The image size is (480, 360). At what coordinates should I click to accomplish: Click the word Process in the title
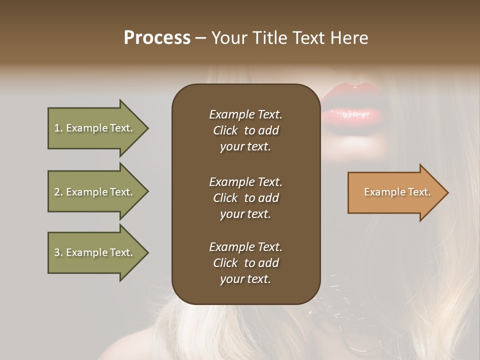tap(157, 38)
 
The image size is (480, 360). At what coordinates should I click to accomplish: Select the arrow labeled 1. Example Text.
tap(95, 128)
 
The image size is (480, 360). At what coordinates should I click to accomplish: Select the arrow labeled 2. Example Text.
tap(95, 192)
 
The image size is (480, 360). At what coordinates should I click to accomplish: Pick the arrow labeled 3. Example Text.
tap(95, 252)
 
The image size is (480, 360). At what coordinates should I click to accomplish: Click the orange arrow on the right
tap(395, 192)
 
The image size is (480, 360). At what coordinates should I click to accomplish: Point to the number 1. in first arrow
tap(58, 128)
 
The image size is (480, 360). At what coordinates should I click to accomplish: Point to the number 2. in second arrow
tap(58, 192)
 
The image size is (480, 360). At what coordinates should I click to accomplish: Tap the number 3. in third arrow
tap(58, 252)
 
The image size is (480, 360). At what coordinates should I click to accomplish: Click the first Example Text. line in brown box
tap(245, 114)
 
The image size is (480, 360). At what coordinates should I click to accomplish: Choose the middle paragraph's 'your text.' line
tap(245, 214)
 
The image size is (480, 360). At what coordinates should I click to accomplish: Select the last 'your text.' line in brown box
tap(245, 279)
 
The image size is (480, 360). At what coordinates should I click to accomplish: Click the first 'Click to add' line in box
tap(245, 130)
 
